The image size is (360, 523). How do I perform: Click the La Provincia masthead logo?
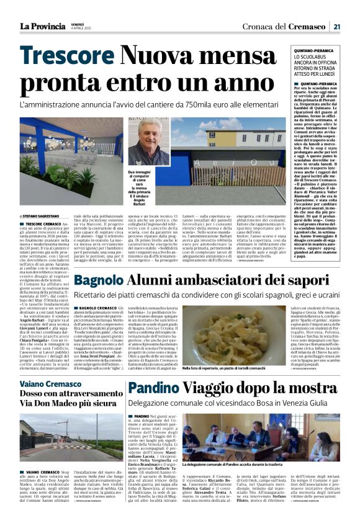42,26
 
